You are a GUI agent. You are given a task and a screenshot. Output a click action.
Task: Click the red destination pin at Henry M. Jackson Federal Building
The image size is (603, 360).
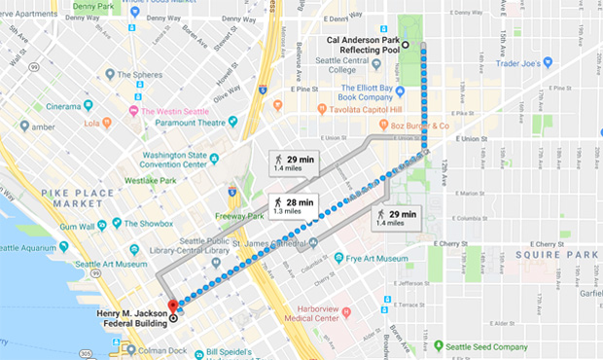[x=173, y=307]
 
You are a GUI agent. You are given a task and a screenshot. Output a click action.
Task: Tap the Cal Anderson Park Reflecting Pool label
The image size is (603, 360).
[x=360, y=46]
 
